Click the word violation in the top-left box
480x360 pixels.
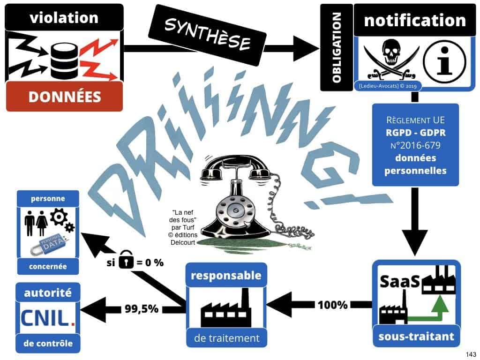pyautogui.click(x=64, y=18)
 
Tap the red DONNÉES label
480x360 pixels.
pyautogui.click(x=65, y=97)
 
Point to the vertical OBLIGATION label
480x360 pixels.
pyautogui.click(x=336, y=47)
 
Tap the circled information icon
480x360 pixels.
pyautogui.click(x=444, y=61)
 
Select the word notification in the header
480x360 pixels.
pyautogui.click(x=414, y=20)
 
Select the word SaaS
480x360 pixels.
pyautogui.click(x=397, y=283)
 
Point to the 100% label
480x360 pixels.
pyautogui.click(x=333, y=305)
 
